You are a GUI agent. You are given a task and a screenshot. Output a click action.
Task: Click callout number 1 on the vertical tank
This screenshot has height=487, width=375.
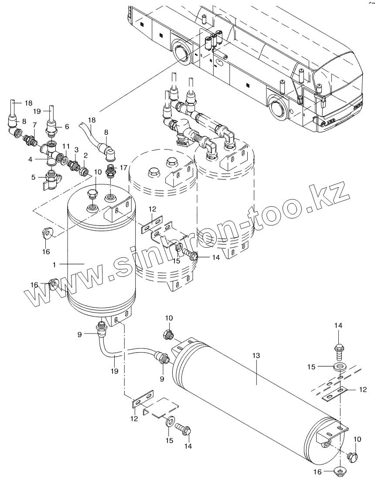(x=54, y=264)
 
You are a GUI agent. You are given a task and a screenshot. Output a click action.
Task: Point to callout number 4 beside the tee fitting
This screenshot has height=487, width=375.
(x=31, y=160)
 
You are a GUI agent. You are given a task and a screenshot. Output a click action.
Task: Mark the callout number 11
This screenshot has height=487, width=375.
(x=66, y=145)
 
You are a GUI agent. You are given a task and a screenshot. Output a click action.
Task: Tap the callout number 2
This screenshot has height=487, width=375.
(x=86, y=155)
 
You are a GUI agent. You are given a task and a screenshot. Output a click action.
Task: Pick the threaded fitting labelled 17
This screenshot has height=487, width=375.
(x=111, y=170)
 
